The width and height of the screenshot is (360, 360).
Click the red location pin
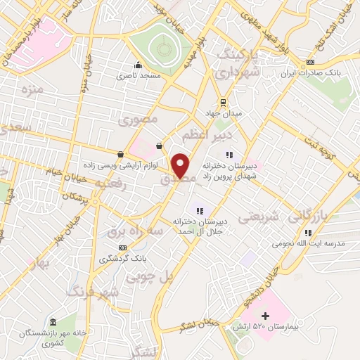coord(181,165)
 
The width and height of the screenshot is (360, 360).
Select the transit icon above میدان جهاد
coord(223,101)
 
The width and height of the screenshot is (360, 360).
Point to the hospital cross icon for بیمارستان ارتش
coord(264,317)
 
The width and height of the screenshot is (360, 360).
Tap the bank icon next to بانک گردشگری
coord(124,247)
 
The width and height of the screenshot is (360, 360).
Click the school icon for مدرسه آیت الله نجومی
coord(307,233)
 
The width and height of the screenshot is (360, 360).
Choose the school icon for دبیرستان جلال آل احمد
coord(200,210)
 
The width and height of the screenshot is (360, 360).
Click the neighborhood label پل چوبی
coord(148,278)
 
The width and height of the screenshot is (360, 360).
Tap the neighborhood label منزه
coord(33,90)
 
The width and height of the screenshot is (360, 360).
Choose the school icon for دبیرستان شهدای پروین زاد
coord(229,155)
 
